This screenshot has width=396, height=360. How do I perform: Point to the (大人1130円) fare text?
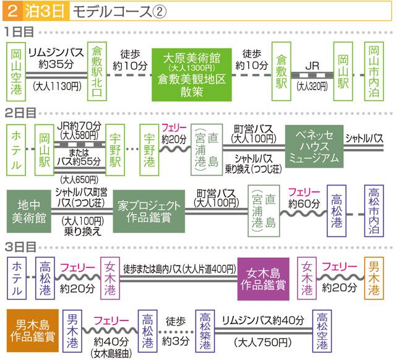click(x=56, y=87)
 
